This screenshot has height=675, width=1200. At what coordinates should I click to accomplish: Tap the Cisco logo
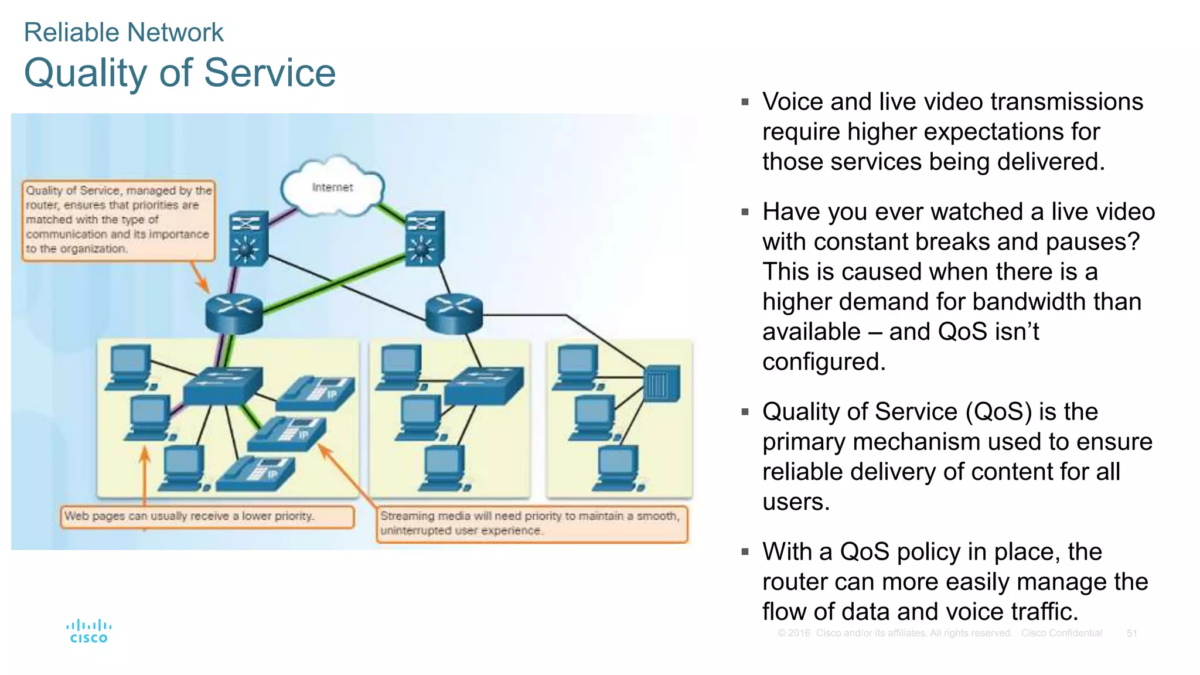[x=88, y=632]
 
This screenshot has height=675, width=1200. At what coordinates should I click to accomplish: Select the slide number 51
[x=1131, y=633]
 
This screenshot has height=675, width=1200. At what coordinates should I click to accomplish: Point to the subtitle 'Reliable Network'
[x=124, y=32]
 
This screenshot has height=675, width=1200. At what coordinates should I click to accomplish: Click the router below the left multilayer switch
[x=234, y=313]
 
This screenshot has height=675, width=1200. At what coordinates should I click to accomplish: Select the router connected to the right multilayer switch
[x=454, y=313]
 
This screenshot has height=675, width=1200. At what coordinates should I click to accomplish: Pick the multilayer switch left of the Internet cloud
[x=249, y=238]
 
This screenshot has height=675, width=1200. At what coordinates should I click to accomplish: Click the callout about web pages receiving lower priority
[x=207, y=516]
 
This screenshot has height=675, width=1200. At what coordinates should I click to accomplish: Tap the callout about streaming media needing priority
[x=531, y=523]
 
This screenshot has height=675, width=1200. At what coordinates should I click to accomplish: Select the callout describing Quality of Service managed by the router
[x=118, y=220]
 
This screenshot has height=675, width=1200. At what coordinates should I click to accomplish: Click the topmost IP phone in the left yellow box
[x=316, y=393]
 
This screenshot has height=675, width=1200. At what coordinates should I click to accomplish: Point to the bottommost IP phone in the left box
[x=256, y=473]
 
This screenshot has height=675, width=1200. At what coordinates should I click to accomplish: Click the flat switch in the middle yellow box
[x=483, y=385]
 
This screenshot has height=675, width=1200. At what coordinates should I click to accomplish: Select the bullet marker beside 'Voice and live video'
[x=745, y=102]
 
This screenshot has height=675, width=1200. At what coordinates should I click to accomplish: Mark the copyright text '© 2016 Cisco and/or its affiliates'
[x=894, y=633]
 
